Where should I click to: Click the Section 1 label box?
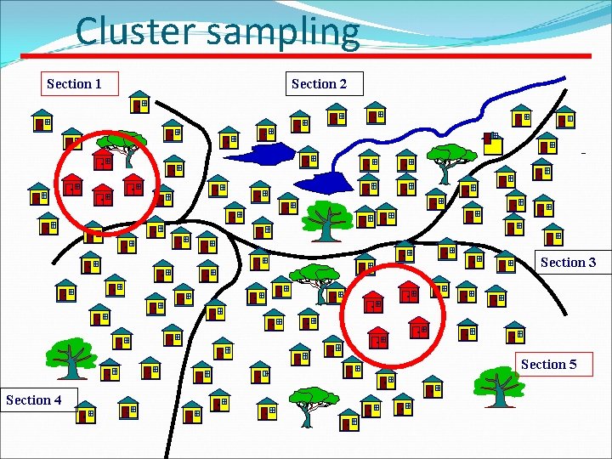[80, 83]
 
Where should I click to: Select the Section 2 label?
[324, 83]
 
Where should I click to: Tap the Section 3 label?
[568, 262]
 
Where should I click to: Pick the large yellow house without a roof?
[493, 143]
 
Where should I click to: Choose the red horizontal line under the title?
[306, 55]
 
